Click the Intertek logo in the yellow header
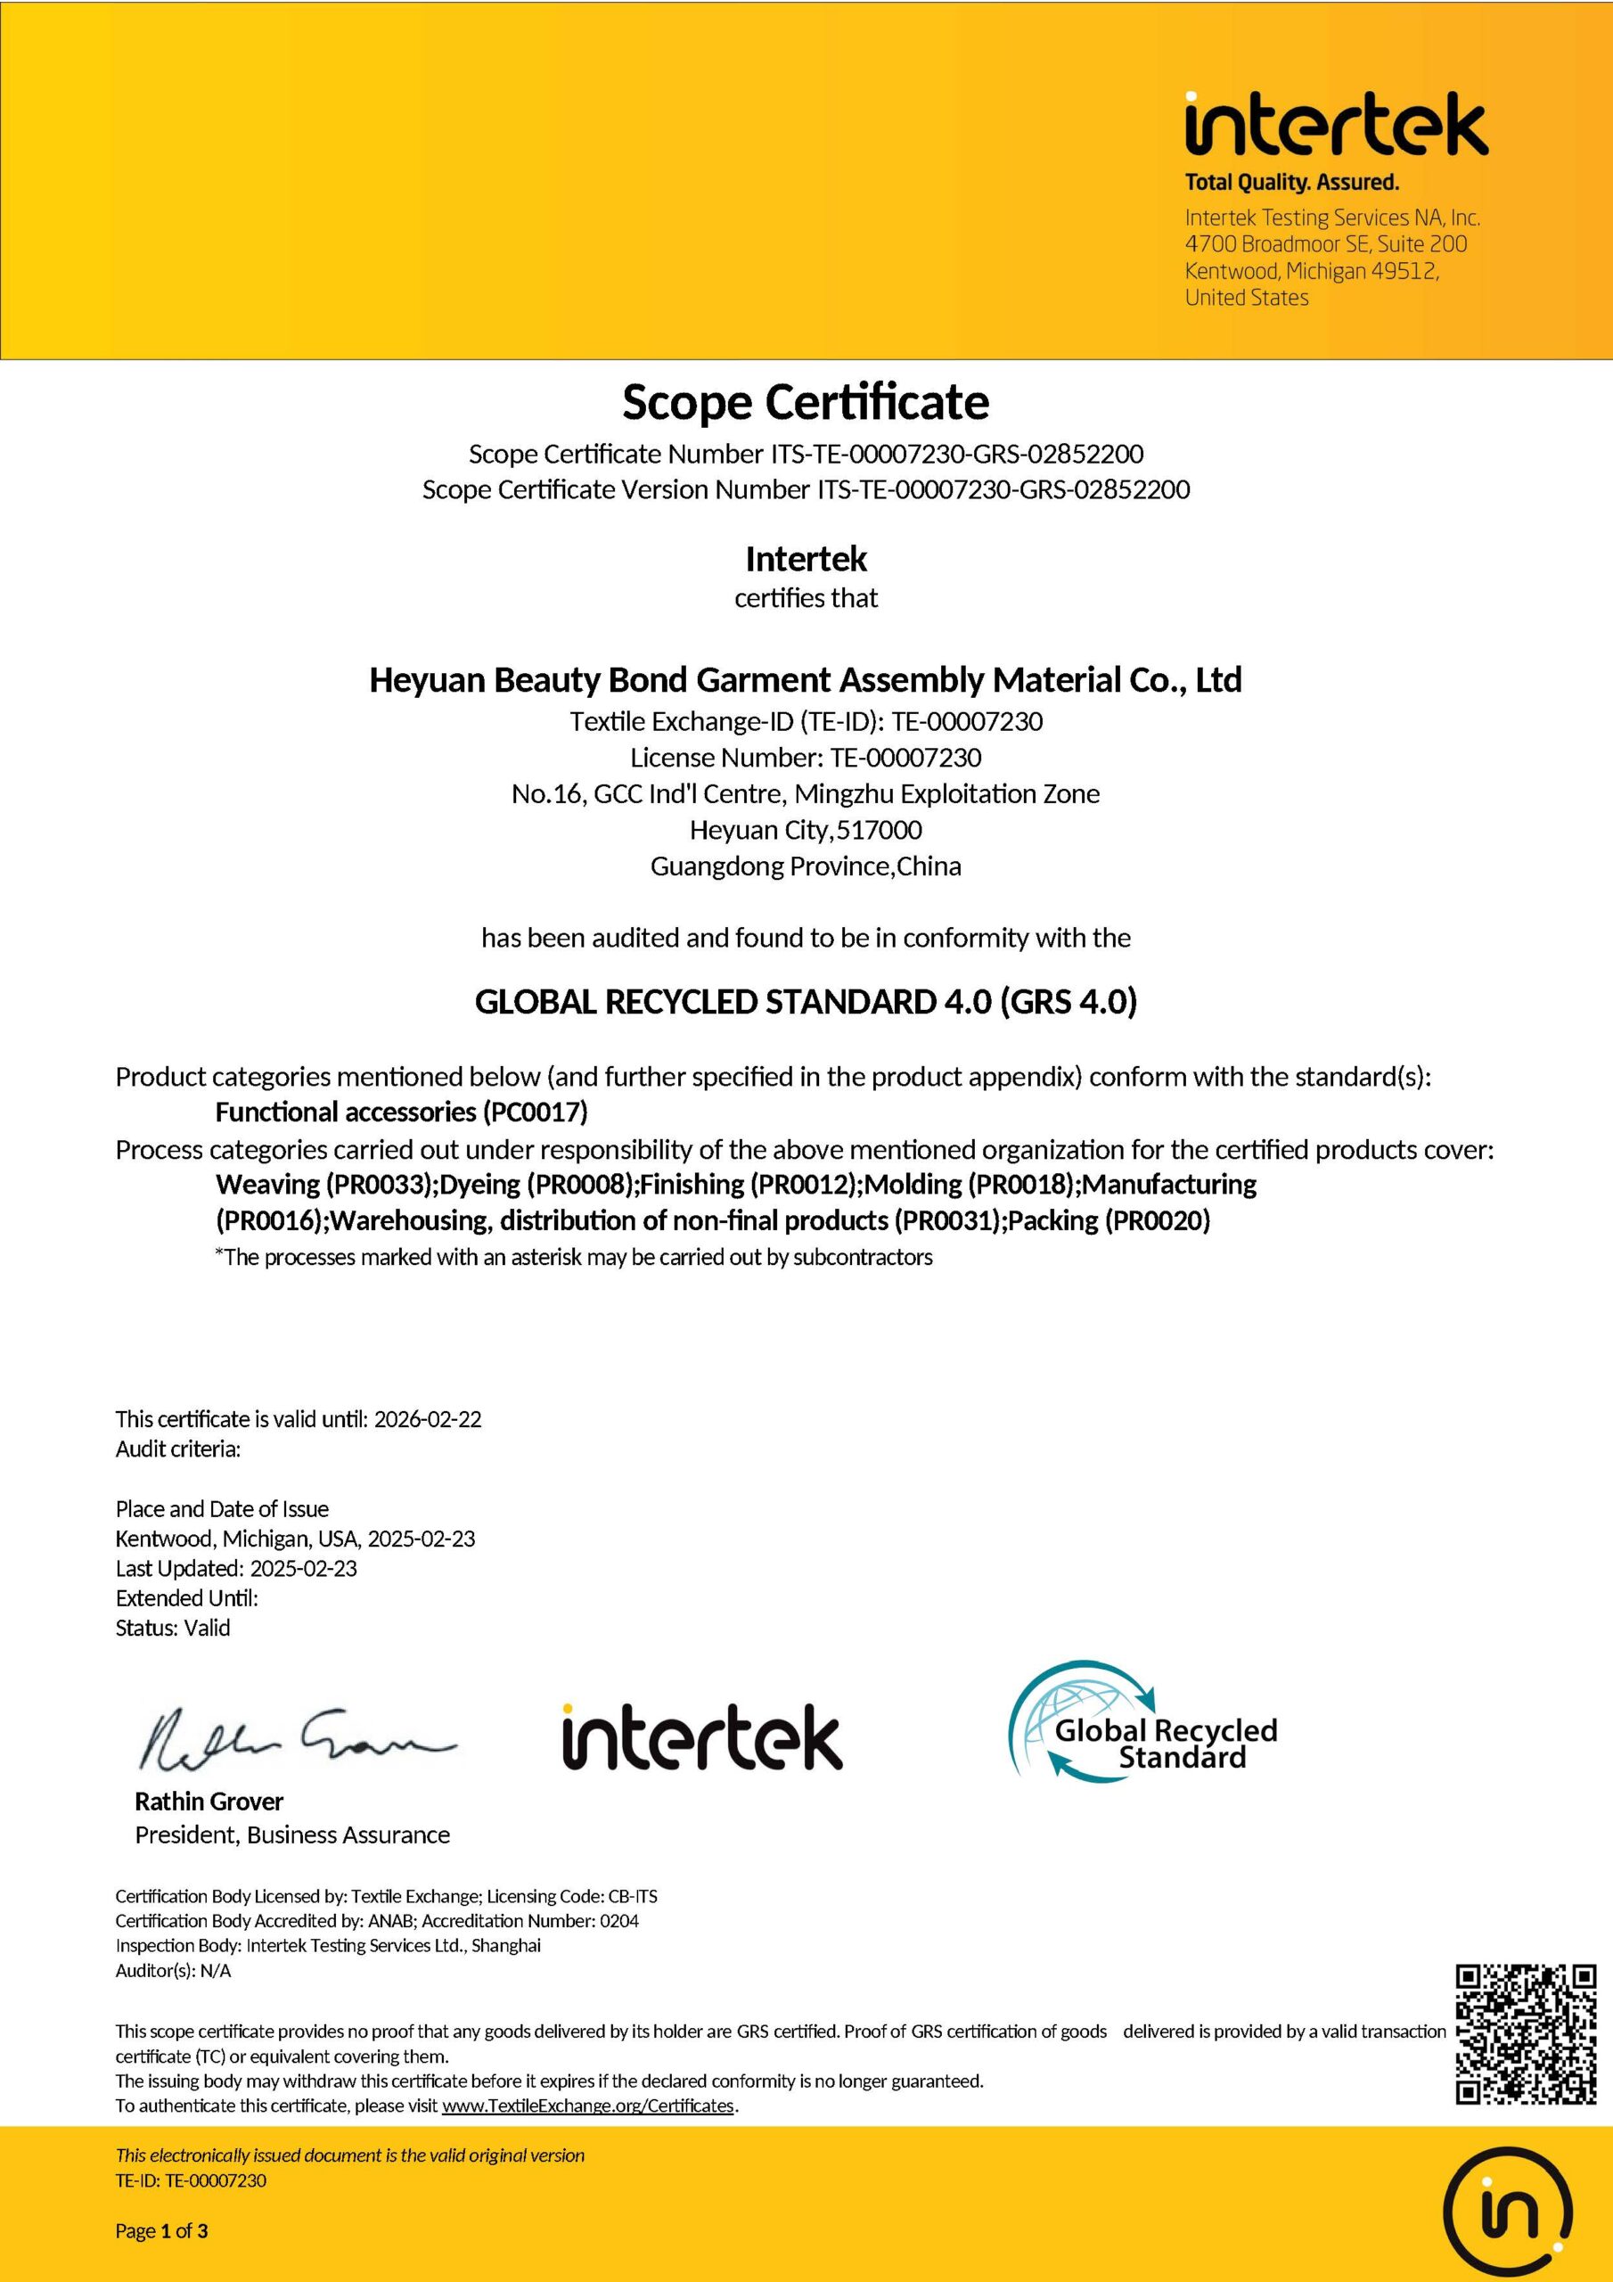(1336, 127)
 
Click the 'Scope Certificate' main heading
(805, 403)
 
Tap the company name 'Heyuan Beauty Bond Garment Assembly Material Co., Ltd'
(805, 680)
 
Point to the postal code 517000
(879, 830)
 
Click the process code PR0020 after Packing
(1158, 1220)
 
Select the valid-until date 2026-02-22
(428, 1419)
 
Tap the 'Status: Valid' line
(173, 1628)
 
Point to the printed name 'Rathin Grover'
(209, 1801)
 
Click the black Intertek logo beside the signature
(701, 1737)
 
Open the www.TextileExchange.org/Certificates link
(587, 2106)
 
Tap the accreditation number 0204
(619, 1921)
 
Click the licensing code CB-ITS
(632, 1896)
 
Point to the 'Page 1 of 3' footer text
(162, 2231)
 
